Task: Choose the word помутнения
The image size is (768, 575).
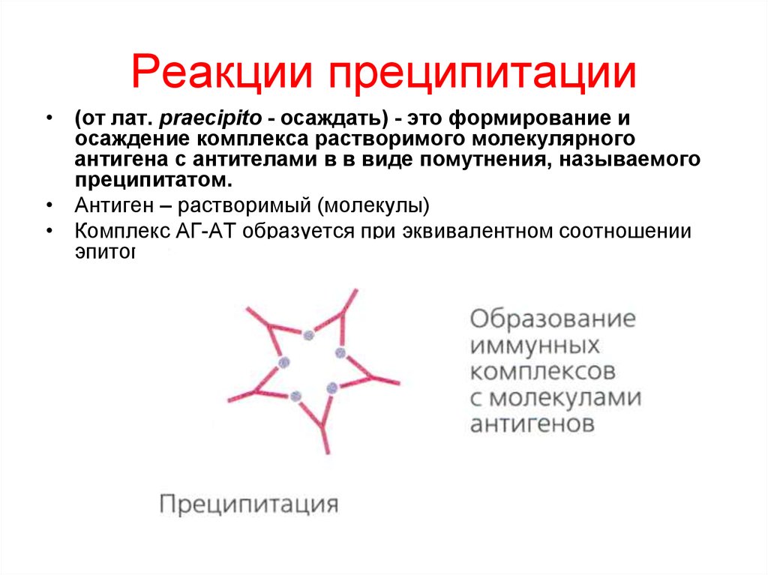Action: [467, 160]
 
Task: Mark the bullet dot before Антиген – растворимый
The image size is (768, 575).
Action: [48, 205]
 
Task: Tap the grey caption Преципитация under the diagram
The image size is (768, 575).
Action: [248, 503]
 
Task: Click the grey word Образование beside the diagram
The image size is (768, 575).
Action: [553, 319]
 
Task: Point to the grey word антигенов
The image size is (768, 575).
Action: [532, 424]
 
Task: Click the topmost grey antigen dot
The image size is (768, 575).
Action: [308, 337]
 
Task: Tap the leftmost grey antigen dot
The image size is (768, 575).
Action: [283, 363]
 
